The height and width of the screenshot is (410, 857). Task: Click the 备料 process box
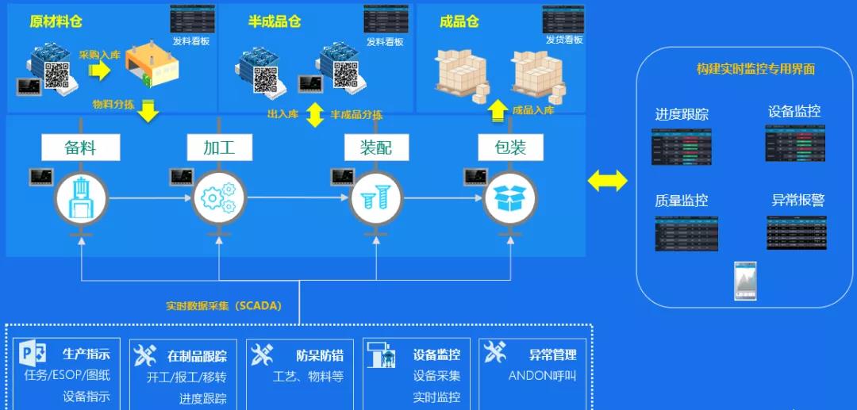pos(80,148)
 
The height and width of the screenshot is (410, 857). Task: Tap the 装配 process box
pos(376,148)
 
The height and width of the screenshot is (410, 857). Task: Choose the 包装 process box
pos(510,148)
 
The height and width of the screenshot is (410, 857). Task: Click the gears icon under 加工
pos(218,197)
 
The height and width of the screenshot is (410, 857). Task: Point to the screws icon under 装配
pos(376,197)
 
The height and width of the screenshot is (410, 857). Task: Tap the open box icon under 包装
pos(510,197)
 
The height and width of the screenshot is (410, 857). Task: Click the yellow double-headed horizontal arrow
pos(607,182)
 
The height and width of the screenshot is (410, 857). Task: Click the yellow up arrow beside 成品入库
pos(497,110)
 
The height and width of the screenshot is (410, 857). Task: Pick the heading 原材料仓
pos(55,22)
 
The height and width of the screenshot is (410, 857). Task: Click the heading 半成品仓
pos(275,22)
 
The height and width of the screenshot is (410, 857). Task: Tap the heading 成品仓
pos(459,22)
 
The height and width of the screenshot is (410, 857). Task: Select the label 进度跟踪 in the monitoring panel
pos(682,114)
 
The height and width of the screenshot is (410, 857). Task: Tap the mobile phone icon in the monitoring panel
pos(745,281)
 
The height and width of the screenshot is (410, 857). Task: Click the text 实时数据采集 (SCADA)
pos(224,305)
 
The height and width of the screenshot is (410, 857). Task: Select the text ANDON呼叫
pos(542,376)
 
